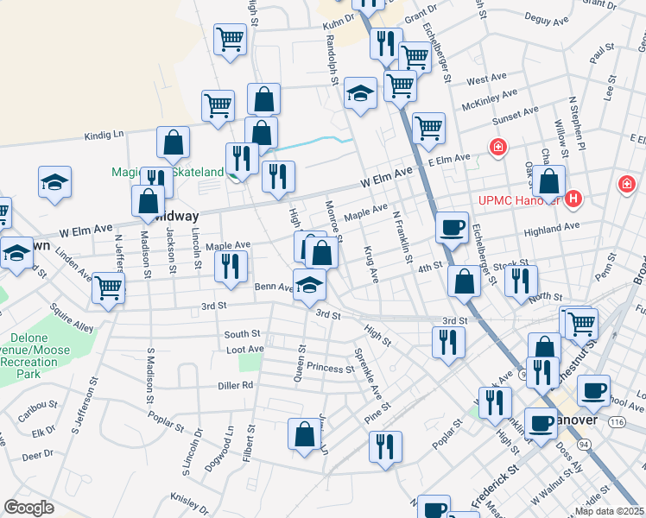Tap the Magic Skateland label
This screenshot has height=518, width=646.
[x=167, y=172]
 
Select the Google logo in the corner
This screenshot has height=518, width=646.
[x=28, y=508]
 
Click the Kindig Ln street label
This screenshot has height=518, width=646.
[x=104, y=135]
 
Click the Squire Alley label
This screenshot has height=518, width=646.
[x=71, y=321]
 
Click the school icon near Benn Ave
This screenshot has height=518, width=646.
[x=309, y=284]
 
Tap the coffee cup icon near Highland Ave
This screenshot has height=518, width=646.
[x=451, y=227]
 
